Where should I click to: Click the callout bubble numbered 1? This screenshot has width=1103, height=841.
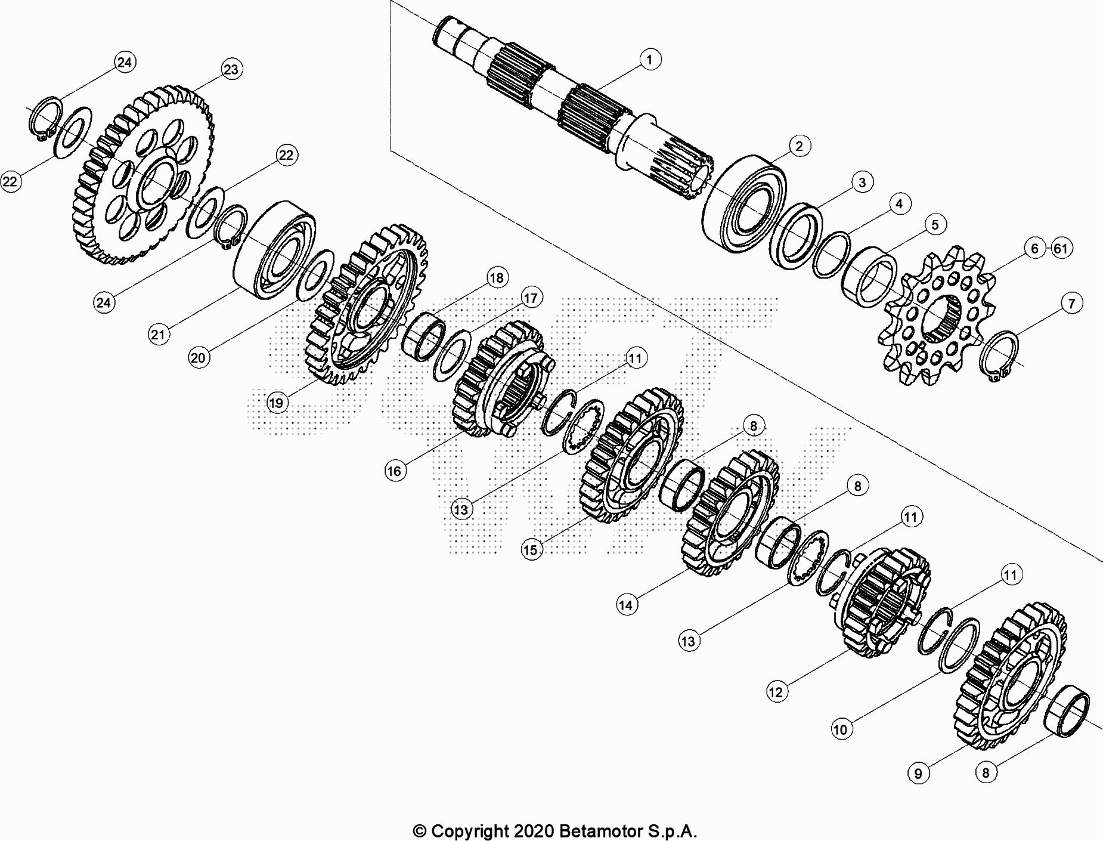(x=649, y=59)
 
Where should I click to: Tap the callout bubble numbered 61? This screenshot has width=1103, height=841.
(x=1060, y=248)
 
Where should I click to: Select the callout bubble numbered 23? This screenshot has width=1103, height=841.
(x=231, y=69)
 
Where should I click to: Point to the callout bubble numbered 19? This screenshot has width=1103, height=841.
(x=276, y=403)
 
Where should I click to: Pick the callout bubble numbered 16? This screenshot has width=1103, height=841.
(x=394, y=471)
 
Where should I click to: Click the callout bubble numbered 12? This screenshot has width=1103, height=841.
(x=775, y=692)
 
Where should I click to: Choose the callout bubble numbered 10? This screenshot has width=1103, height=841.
(x=840, y=729)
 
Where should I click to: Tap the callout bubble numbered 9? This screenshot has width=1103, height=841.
(x=918, y=773)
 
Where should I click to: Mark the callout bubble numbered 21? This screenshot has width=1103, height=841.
(x=158, y=334)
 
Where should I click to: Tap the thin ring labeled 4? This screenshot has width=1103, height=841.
(x=832, y=255)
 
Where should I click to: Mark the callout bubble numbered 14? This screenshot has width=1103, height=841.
(x=625, y=605)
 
